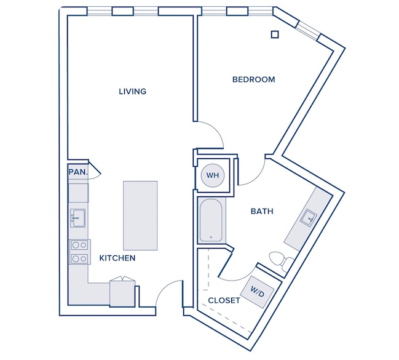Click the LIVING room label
click(133, 91)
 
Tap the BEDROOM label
click(254, 79)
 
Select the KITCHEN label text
click(117, 258)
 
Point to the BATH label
click(262, 211)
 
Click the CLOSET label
click(224, 301)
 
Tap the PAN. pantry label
click(78, 172)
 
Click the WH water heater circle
click(213, 175)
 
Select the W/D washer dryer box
click(257, 292)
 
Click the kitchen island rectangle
click(140, 215)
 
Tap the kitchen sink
click(78, 218)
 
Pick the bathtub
click(211, 220)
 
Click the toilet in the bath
click(282, 260)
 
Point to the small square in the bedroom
click(275, 34)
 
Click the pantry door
click(95, 169)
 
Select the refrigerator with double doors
click(122, 292)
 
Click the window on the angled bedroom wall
click(308, 31)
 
